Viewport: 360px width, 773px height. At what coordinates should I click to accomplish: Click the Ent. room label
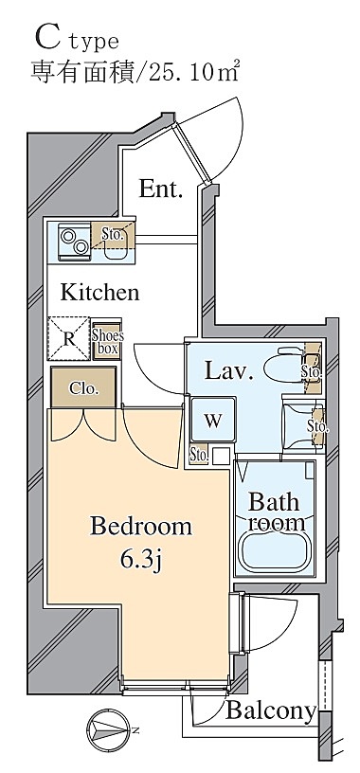click(161, 189)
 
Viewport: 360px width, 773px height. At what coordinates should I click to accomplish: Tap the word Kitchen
click(99, 293)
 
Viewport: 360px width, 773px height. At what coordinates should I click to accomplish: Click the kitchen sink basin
click(116, 250)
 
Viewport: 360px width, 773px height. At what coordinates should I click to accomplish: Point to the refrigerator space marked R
click(69, 338)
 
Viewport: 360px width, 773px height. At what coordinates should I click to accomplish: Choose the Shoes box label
click(107, 342)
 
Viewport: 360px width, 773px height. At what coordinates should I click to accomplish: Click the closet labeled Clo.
click(83, 387)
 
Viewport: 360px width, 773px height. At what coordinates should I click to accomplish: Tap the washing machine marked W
click(213, 420)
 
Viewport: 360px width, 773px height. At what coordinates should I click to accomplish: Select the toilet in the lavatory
click(285, 367)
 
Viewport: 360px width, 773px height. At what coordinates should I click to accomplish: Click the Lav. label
click(229, 371)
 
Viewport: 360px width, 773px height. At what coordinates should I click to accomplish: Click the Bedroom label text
click(141, 527)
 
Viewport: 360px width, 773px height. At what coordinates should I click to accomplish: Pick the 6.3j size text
click(141, 560)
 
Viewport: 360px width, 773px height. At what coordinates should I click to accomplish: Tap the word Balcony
click(270, 710)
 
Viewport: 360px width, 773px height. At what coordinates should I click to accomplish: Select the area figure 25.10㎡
click(194, 72)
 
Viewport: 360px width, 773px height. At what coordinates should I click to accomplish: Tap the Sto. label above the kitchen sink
click(113, 235)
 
